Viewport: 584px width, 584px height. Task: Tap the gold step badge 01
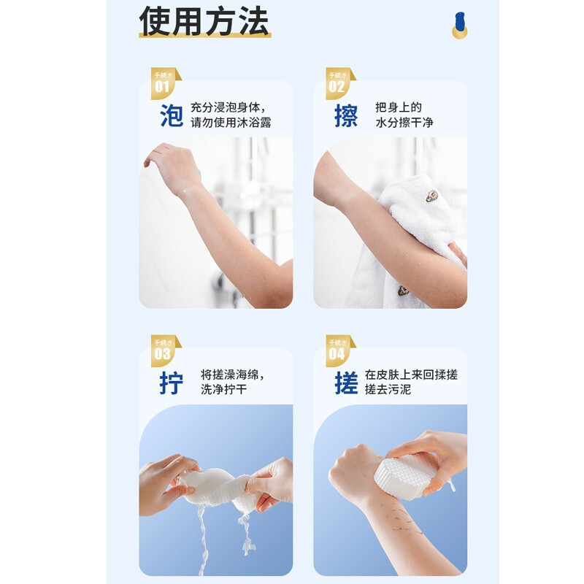point(164,83)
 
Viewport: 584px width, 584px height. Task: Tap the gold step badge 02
point(338,83)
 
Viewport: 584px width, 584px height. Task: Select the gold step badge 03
point(164,351)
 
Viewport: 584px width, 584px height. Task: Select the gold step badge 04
point(338,351)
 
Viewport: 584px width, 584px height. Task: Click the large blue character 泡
point(172,115)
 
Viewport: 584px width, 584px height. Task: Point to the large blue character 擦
point(346,115)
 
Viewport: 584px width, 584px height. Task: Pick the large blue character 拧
point(172,383)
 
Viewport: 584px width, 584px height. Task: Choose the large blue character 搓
point(346,383)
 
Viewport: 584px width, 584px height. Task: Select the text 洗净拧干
point(223,390)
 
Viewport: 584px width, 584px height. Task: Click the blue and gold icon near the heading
point(460,26)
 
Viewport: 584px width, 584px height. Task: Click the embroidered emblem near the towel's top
point(433,196)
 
